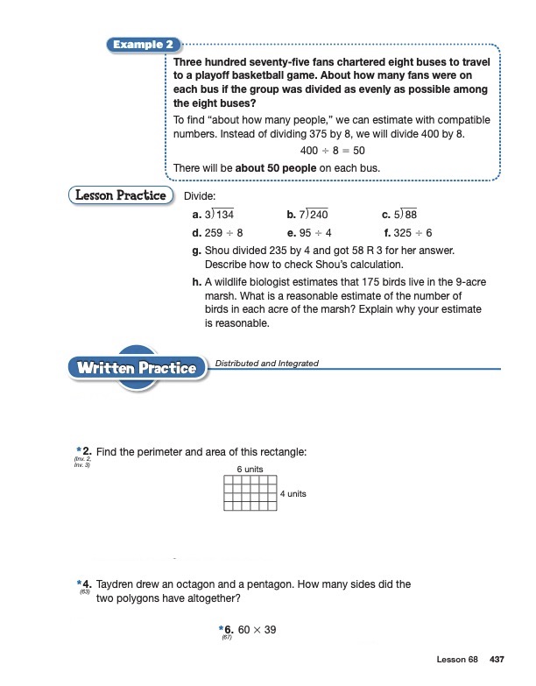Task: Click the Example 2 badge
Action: (x=139, y=44)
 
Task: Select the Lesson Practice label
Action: (x=121, y=195)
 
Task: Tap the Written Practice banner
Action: (x=137, y=368)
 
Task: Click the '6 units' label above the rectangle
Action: (x=250, y=470)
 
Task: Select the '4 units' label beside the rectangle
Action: (x=293, y=494)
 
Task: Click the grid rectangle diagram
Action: (x=250, y=493)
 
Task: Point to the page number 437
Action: (x=495, y=659)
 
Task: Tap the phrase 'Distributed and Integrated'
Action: (x=266, y=364)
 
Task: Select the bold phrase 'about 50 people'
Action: (x=272, y=167)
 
